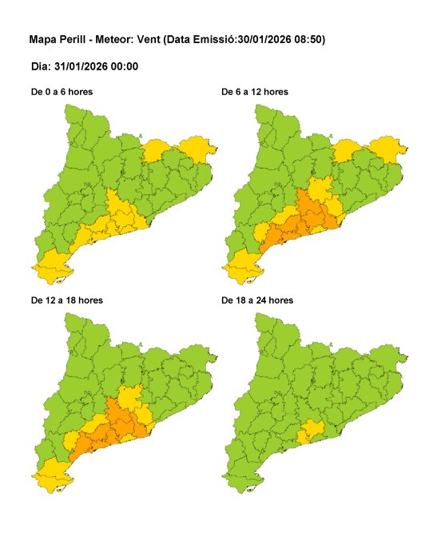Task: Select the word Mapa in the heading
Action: click(42, 39)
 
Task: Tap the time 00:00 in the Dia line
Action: click(125, 66)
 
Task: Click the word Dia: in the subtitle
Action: click(39, 66)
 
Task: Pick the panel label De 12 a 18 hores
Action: click(66, 300)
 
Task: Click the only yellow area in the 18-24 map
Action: click(311, 432)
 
